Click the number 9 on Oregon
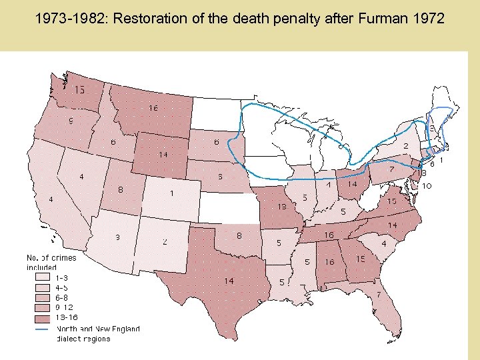coord(71,121)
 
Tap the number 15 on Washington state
coord(79,90)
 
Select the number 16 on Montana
coord(153,108)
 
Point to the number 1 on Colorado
coord(172,193)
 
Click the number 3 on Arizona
coord(117,237)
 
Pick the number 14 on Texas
coord(229,281)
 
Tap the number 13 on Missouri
coord(282,207)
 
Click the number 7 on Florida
coord(379,294)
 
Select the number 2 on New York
coord(405,146)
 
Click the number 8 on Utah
coord(120,189)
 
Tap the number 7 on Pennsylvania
coord(391,169)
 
